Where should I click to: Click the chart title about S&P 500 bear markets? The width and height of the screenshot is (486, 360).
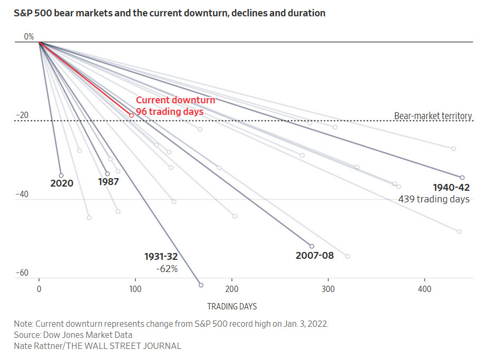(170, 13)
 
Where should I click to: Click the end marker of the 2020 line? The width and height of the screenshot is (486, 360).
(61, 176)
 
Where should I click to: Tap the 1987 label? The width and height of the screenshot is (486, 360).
(109, 182)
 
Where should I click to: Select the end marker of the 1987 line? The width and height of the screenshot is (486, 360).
(108, 173)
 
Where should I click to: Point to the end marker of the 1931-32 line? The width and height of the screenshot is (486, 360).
(201, 285)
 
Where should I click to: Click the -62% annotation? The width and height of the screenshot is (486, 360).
(167, 269)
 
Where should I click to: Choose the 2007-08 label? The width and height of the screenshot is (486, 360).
(314, 256)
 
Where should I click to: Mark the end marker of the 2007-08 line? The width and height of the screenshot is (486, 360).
(312, 246)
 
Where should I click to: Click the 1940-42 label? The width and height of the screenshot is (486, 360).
(451, 188)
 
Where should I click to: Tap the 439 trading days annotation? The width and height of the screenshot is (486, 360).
(434, 199)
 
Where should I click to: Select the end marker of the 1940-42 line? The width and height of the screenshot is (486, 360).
(462, 178)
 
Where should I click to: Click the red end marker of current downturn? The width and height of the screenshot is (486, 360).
(132, 115)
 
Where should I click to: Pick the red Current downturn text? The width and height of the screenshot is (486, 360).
(176, 100)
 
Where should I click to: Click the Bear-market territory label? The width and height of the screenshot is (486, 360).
(433, 116)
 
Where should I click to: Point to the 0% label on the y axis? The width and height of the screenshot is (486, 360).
(28, 37)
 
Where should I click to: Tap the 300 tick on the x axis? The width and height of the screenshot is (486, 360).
(328, 289)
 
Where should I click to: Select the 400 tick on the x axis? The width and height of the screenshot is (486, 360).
(424, 289)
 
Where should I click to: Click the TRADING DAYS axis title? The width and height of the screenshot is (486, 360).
(232, 306)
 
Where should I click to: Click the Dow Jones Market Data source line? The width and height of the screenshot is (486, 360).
(73, 335)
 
